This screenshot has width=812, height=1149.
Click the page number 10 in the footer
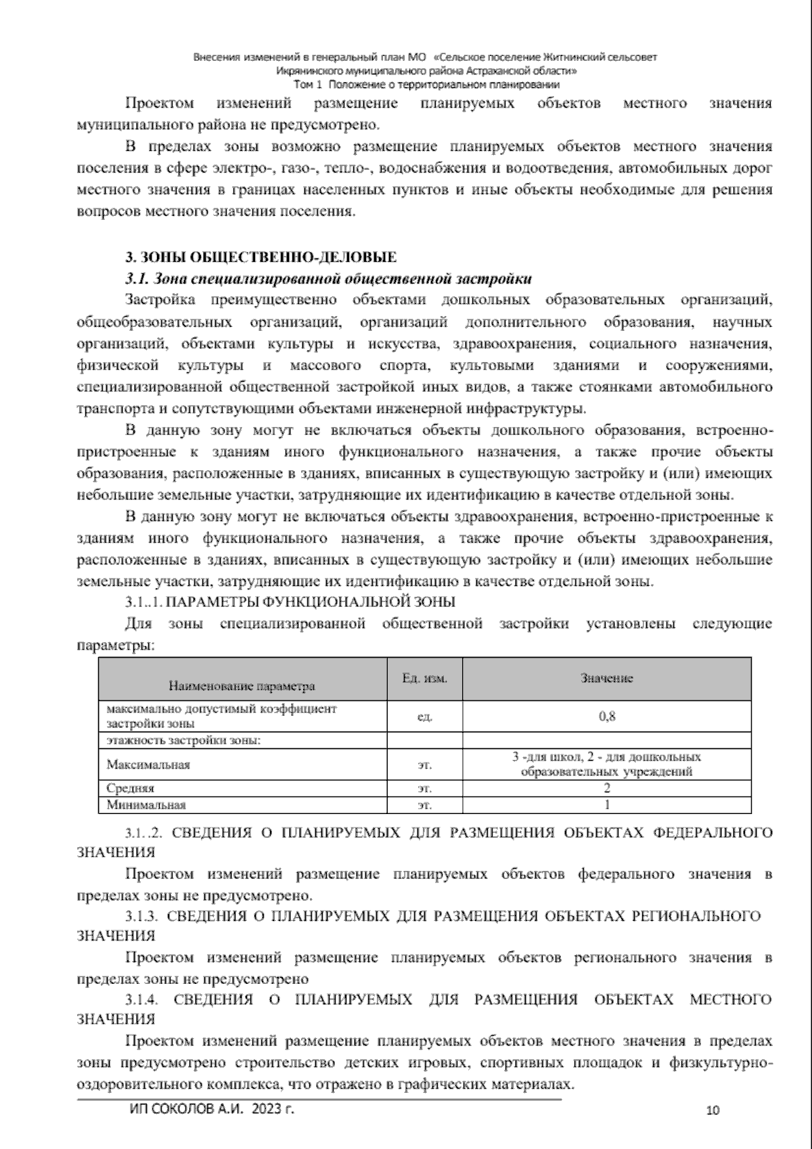click(713, 1110)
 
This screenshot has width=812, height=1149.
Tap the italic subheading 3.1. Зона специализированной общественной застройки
click(328, 279)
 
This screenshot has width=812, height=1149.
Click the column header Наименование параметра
click(242, 686)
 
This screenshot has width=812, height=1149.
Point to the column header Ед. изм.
click(424, 678)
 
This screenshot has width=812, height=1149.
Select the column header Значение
click(606, 678)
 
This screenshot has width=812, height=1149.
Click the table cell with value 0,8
click(606, 716)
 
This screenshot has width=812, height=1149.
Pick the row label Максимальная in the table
click(148, 765)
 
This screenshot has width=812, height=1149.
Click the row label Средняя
click(131, 788)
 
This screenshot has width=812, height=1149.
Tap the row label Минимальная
click(146, 805)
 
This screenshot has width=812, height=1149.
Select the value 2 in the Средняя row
click(606, 788)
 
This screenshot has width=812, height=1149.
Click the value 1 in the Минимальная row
click(606, 805)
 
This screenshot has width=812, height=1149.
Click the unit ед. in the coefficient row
click(424, 717)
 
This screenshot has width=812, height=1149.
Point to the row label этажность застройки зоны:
click(184, 740)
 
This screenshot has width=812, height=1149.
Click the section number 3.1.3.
click(141, 916)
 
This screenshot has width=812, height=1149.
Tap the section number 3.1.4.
click(141, 999)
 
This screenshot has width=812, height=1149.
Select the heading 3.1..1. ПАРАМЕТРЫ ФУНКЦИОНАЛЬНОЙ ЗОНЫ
click(290, 602)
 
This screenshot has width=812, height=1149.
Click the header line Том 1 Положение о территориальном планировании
click(426, 85)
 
